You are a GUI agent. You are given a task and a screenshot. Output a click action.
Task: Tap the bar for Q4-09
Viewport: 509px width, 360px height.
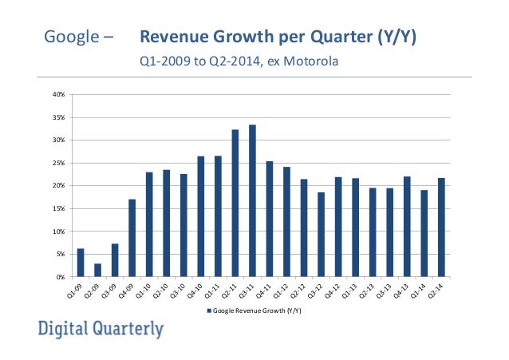pos(132,238)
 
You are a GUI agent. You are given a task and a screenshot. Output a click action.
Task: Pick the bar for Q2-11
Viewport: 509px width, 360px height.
pos(235,204)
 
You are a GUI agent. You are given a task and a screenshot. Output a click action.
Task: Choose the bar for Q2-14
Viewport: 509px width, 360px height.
pos(441,227)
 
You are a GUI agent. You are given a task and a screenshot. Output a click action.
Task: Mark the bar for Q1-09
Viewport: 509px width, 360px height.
pos(81,263)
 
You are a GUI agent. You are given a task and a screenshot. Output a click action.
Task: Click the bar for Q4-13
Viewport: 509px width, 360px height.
pos(407,227)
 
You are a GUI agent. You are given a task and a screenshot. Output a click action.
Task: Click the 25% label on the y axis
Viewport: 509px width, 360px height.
pos(58,163)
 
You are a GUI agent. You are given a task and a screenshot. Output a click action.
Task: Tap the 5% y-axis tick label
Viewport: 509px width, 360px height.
pos(60,255)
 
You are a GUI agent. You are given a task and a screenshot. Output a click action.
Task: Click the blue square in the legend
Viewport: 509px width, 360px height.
pos(210,311)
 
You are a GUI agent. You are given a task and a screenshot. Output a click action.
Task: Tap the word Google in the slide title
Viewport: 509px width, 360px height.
pos(69,37)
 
